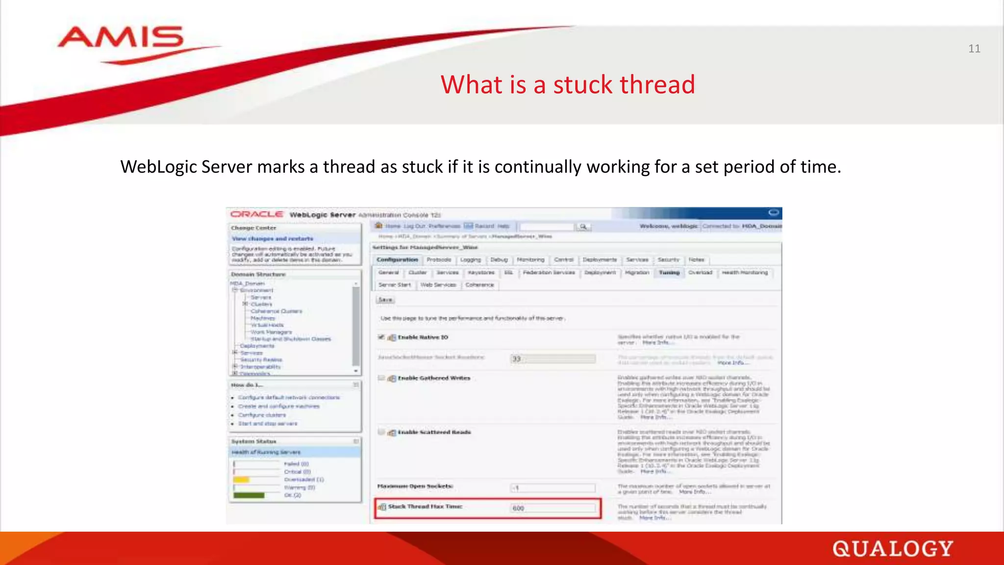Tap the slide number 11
coord(974,49)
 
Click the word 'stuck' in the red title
coord(583,84)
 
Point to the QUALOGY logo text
coord(892,549)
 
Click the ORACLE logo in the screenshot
coord(257,214)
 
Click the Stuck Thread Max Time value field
coord(553,508)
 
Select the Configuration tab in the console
coord(397,259)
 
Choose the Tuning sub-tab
coord(669,272)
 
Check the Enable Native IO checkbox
coord(381,337)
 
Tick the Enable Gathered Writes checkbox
coord(381,378)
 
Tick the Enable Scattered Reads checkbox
coord(381,432)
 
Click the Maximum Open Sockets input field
coord(553,488)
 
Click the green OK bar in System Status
coord(249,495)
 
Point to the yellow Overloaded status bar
coord(241,480)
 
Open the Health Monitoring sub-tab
coord(745,272)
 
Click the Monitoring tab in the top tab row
coord(530,259)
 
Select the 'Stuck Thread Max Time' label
coord(425,506)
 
